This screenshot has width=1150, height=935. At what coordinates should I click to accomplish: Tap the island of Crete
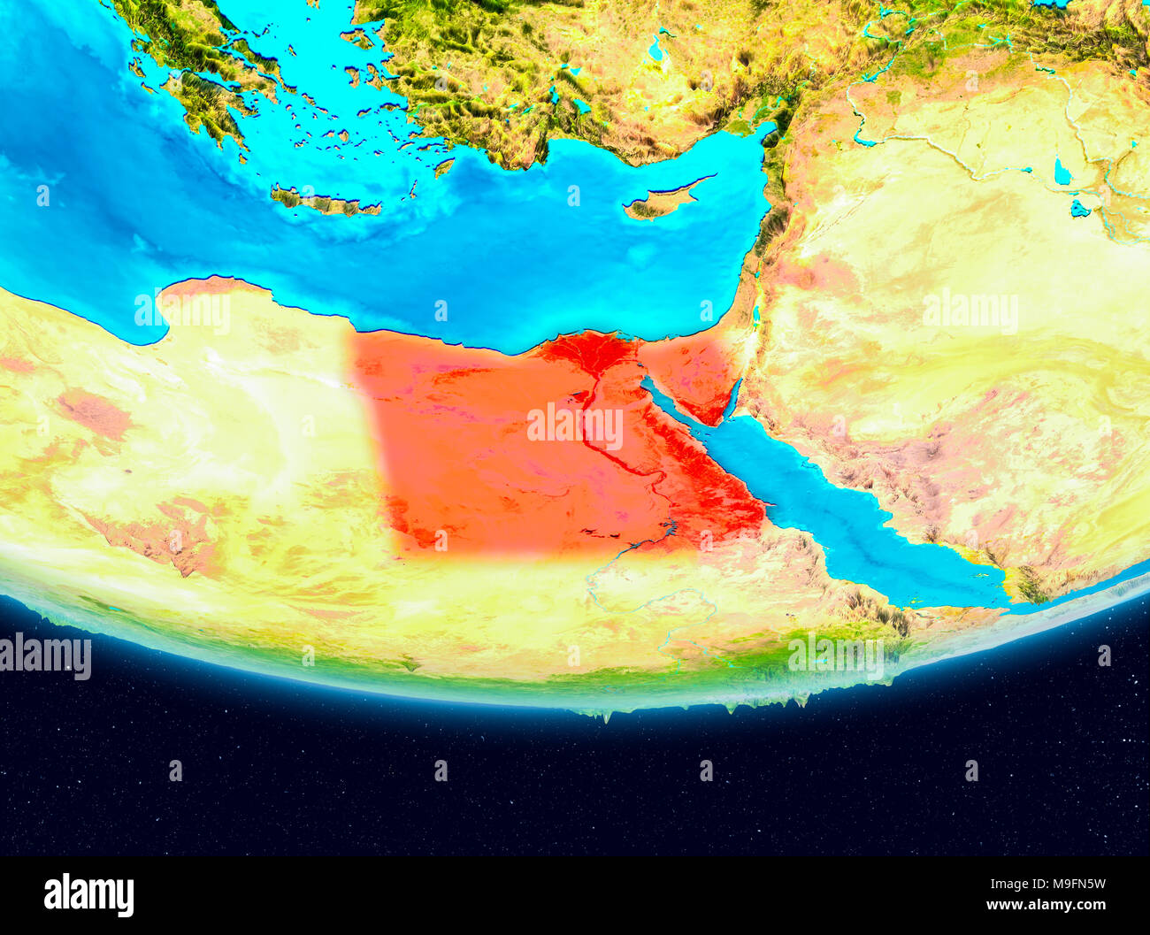[323, 203]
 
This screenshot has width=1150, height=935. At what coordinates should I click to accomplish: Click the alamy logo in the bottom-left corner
[88, 894]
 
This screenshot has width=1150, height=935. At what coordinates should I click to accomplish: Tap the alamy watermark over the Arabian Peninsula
[970, 310]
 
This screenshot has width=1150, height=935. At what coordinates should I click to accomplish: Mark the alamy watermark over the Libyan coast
[182, 310]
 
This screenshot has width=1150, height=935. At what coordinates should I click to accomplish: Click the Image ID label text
[995, 883]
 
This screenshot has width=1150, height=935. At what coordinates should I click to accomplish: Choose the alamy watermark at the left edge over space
[45, 656]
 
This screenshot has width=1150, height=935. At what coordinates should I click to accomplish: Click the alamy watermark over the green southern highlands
[836, 654]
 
